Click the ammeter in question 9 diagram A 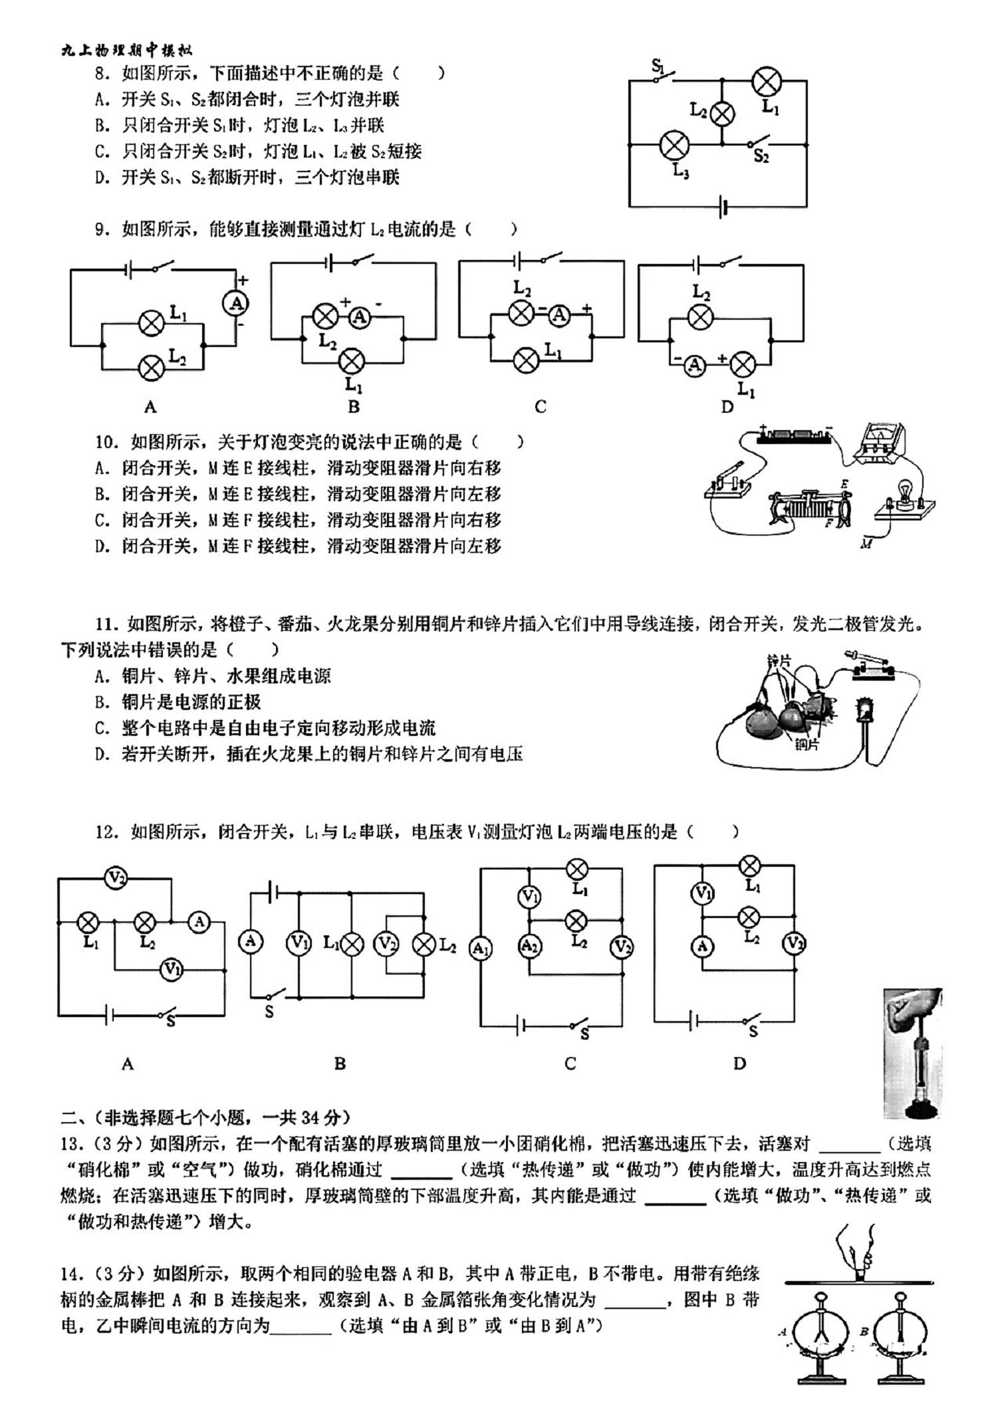pyautogui.click(x=235, y=304)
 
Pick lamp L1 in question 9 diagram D pyautogui.click(x=742, y=364)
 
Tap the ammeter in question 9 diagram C pyautogui.click(x=560, y=315)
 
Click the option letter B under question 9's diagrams pyautogui.click(x=354, y=407)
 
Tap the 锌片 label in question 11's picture pyautogui.click(x=779, y=661)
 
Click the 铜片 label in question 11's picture pyautogui.click(x=807, y=745)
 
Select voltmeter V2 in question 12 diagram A pyautogui.click(x=116, y=878)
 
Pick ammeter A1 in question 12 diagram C pyautogui.click(x=480, y=949)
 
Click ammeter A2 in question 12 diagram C pyautogui.click(x=529, y=946)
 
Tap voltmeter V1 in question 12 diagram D pyautogui.click(x=703, y=893)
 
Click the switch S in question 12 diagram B pyautogui.click(x=274, y=995)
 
